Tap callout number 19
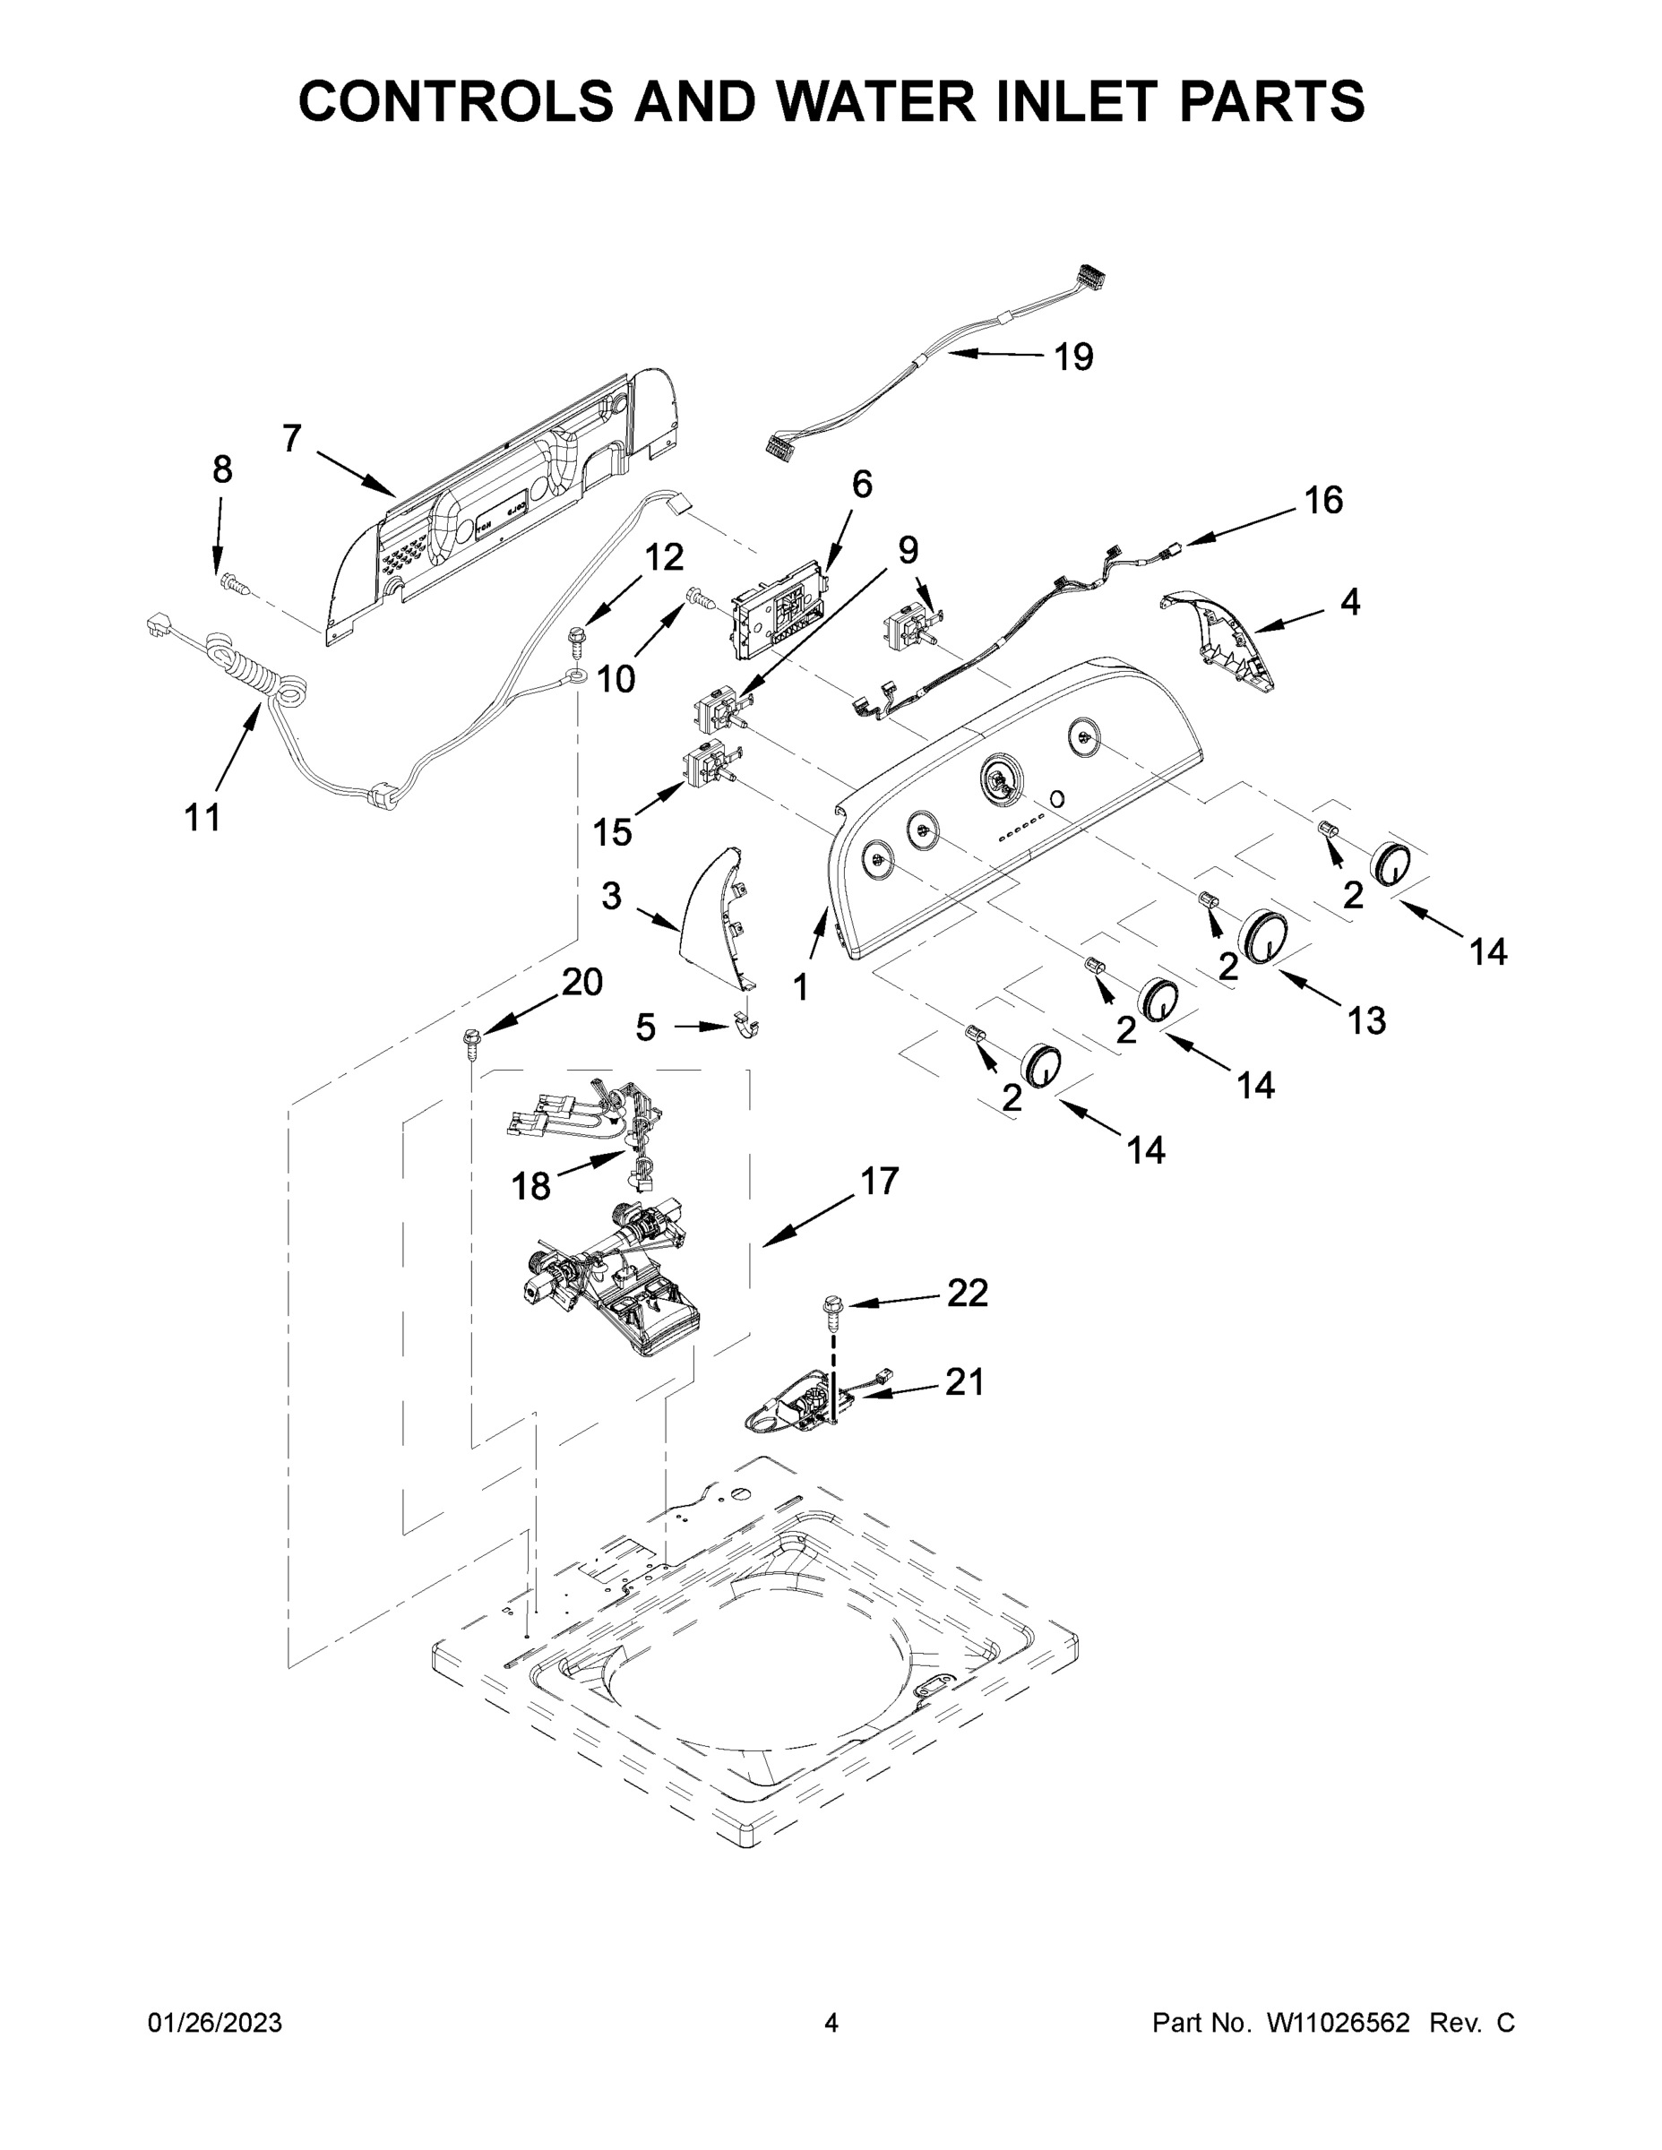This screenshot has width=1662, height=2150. point(1073,357)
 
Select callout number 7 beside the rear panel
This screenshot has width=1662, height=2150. point(291,439)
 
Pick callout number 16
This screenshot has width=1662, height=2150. point(1323,501)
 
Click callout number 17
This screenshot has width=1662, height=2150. point(878,1181)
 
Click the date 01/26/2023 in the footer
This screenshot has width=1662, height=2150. point(215,2022)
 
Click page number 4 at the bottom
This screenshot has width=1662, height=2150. point(831,2022)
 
